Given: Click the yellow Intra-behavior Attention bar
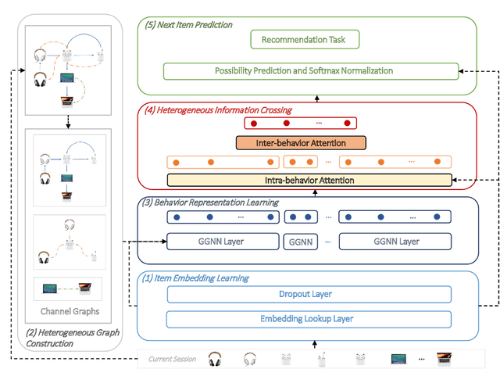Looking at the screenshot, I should coord(309,181).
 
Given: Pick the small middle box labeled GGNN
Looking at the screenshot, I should coord(300,242).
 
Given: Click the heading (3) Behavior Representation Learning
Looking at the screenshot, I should coord(209,203).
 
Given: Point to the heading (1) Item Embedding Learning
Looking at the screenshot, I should coord(195,278).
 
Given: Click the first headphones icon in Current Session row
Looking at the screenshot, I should coord(215,358).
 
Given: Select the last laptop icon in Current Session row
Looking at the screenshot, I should coord(445,358).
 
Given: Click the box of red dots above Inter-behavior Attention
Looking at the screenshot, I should coord(300,124).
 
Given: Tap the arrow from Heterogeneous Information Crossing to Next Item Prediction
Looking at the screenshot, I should coord(316,98).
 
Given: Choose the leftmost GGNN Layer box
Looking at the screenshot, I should coord(223,242).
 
